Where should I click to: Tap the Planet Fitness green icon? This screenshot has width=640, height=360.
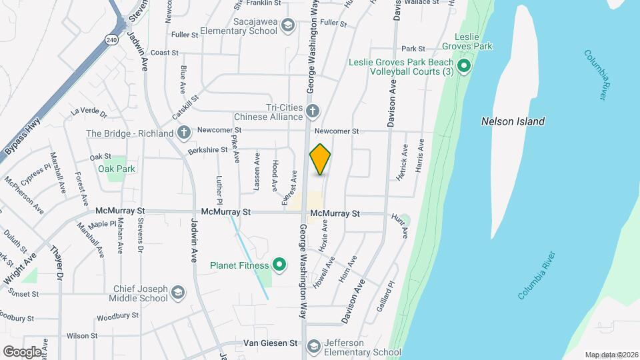click(280, 265)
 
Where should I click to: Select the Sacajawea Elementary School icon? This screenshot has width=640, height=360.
click(287, 26)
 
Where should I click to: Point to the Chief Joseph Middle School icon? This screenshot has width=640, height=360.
click(178, 293)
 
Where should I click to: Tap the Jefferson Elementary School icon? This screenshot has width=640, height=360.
click(313, 346)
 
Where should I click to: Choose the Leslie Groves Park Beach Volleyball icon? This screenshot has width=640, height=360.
click(465, 66)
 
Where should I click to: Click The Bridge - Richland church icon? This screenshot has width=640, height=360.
click(184, 133)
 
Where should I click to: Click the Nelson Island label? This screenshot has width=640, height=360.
click(513, 121)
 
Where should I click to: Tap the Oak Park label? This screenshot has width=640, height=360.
click(117, 169)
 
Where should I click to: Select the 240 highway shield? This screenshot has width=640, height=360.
click(111, 40)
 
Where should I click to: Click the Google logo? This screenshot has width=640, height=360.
click(22, 351)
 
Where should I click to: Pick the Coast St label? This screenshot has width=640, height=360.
click(166, 52)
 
